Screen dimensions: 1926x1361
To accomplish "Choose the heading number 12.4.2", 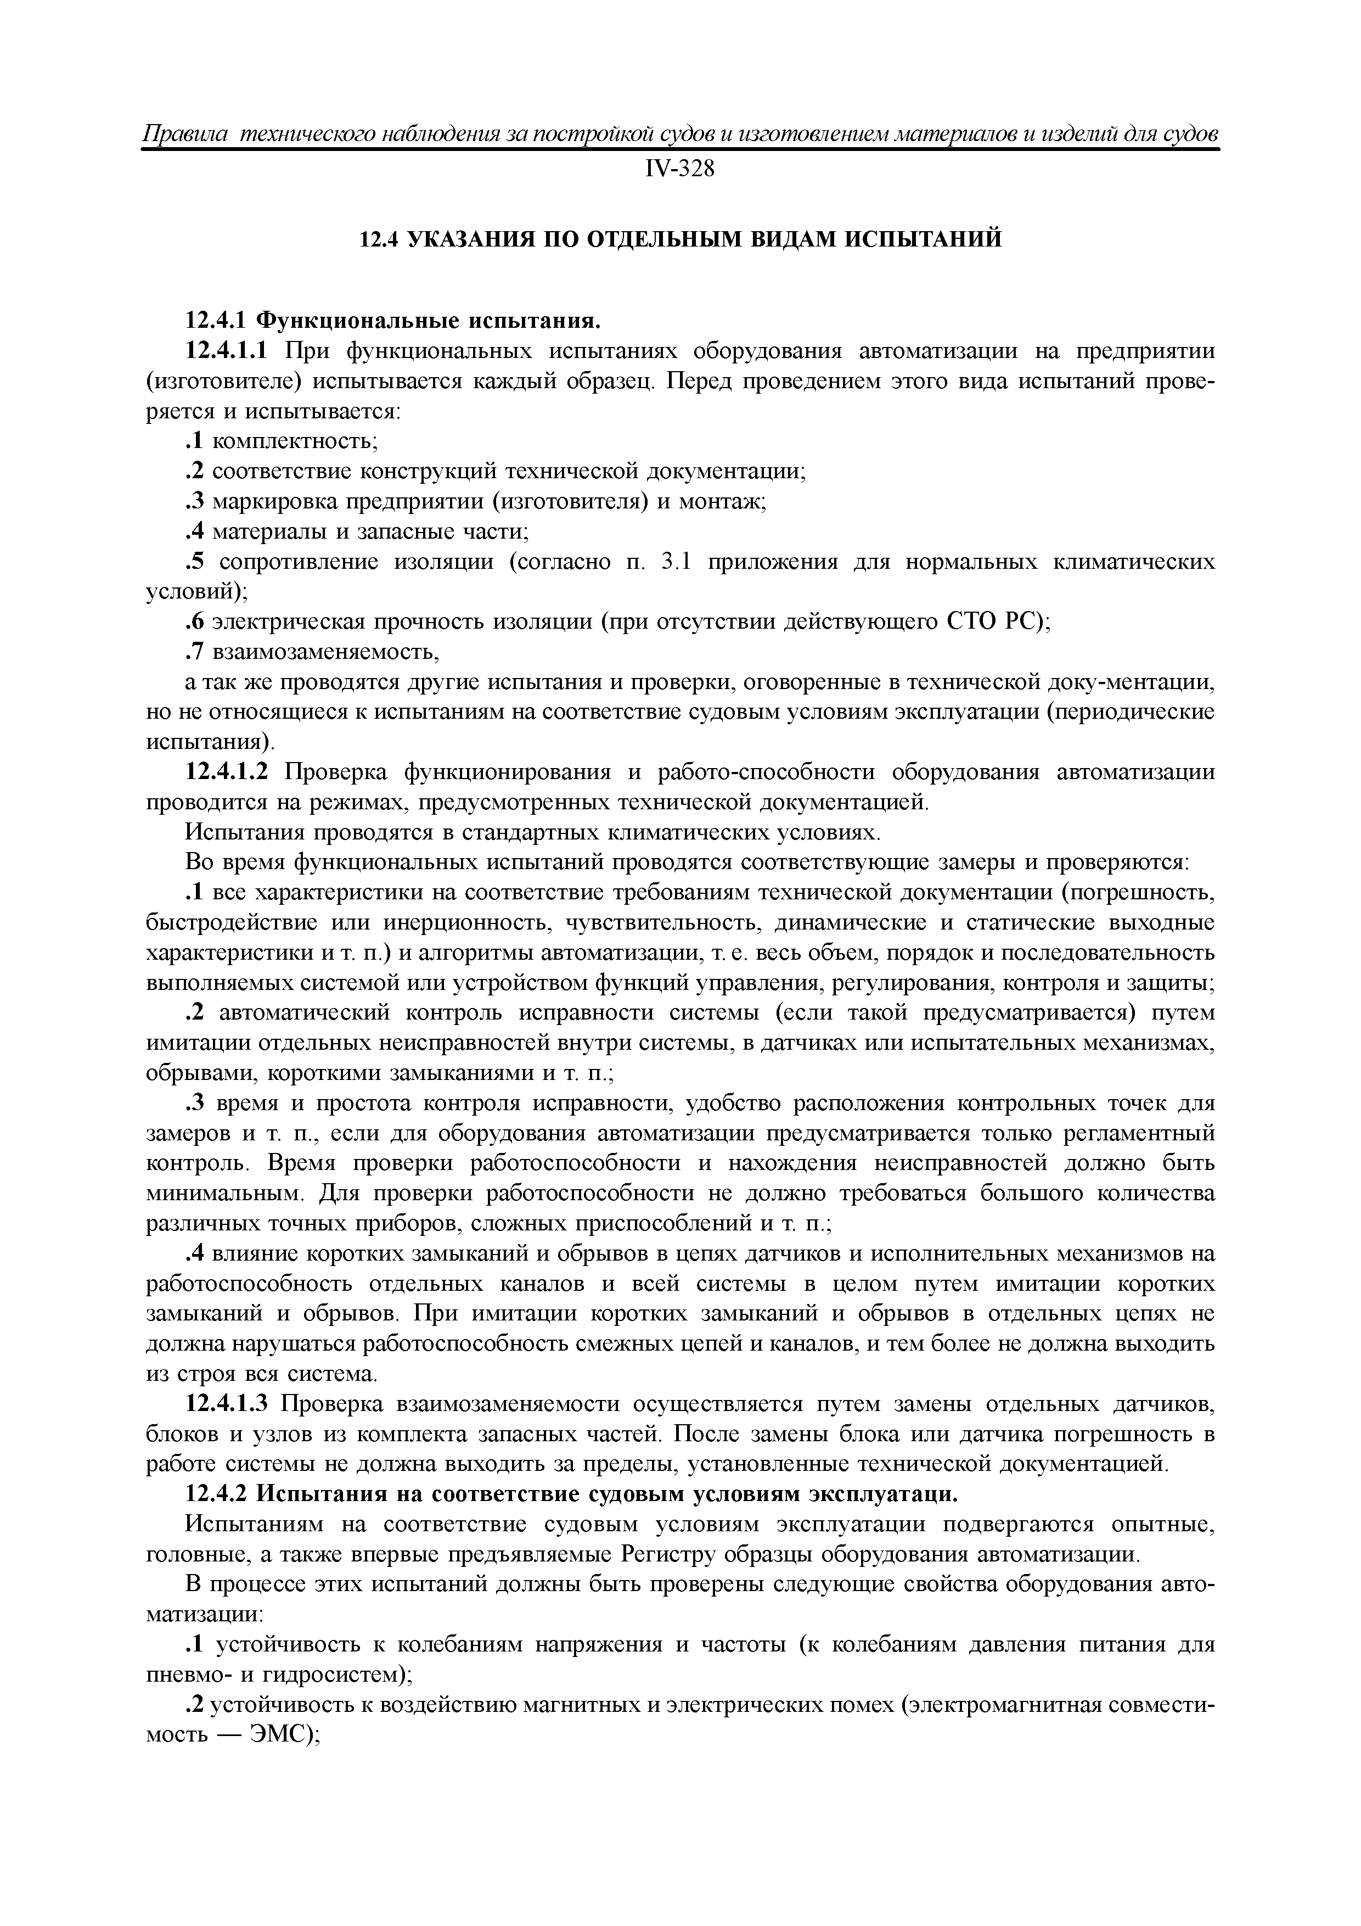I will [216, 1495].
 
